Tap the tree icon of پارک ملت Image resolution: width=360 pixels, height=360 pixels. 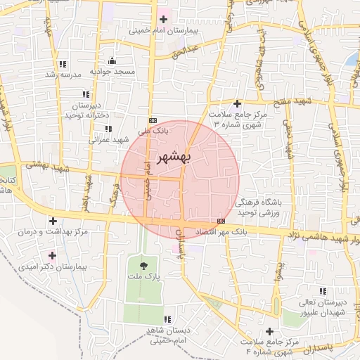[x=143, y=266]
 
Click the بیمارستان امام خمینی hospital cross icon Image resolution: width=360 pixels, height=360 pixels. [x=164, y=19]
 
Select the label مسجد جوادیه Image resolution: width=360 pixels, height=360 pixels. [x=111, y=72]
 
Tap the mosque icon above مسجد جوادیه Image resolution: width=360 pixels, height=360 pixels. [x=111, y=61]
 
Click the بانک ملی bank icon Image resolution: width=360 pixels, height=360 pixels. [x=153, y=120]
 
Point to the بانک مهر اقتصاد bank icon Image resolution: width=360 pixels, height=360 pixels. [x=221, y=221]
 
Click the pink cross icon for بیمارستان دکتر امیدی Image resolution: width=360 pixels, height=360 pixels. [x=51, y=255]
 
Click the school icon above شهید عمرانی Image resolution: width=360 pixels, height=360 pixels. [x=108, y=128]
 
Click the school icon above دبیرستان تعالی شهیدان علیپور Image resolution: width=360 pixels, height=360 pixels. [x=322, y=290]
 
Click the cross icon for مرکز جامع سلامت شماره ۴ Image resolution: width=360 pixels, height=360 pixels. [x=269, y=330]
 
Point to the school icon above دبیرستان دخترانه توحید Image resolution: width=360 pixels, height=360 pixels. [x=86, y=94]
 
